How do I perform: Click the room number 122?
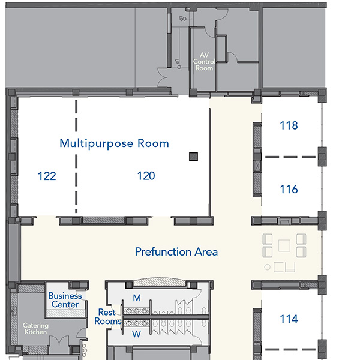tap(47, 176)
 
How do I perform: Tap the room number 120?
tap(146, 176)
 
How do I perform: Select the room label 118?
tap(289, 125)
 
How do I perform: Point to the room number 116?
tap(289, 189)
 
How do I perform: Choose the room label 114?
tap(289, 319)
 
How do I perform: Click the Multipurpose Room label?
tap(115, 143)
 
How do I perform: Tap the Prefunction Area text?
tap(176, 251)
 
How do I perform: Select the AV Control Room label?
tap(204, 62)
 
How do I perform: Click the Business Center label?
tap(65, 300)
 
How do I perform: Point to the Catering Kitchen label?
tap(35, 329)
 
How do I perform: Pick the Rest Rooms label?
tap(107, 317)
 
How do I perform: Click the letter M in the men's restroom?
tap(137, 298)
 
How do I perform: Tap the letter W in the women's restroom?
tap(136, 334)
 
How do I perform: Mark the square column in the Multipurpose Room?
tap(193, 157)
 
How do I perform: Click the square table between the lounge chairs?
tap(284, 245)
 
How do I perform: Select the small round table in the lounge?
tap(267, 267)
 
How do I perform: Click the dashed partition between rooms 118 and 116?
tap(290, 157)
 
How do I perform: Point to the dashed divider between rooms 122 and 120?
tap(76, 156)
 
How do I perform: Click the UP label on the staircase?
tap(176, 62)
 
